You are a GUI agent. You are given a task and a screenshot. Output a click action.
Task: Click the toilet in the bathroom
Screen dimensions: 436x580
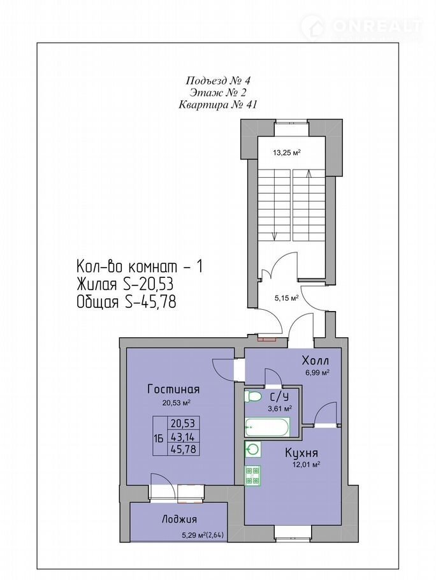(x=253, y=397)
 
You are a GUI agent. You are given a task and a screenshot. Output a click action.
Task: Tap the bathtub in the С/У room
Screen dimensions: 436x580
(x=266, y=427)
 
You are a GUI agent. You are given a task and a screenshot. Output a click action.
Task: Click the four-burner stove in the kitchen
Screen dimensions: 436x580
(x=253, y=475)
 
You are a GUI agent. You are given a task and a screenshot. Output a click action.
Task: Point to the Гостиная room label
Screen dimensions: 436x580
(x=173, y=389)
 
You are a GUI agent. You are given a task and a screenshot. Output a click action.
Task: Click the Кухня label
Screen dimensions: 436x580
(x=302, y=453)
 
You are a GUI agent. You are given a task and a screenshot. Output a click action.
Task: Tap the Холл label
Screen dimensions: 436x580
(x=316, y=360)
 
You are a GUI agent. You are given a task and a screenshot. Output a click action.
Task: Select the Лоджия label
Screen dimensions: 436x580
(x=179, y=519)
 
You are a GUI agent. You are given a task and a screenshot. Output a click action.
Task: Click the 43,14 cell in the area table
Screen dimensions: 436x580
(x=183, y=437)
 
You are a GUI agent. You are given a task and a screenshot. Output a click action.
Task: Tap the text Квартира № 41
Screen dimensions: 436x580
(x=217, y=105)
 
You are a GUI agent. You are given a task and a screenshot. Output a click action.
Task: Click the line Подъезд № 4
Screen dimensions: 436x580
(x=218, y=80)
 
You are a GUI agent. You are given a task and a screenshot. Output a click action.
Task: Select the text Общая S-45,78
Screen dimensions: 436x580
(x=126, y=302)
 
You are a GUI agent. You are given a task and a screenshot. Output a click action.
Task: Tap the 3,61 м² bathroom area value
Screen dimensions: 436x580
(x=280, y=409)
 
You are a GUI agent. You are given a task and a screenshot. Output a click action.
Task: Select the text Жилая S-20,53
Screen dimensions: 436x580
(x=125, y=285)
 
